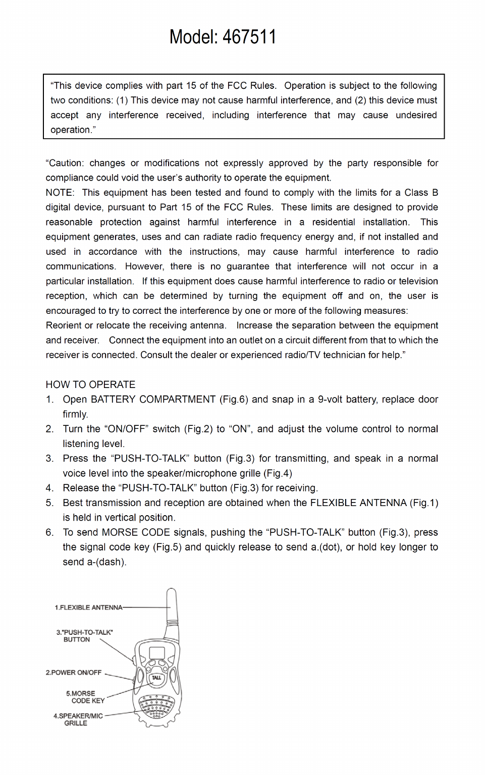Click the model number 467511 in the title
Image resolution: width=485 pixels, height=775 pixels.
click(249, 37)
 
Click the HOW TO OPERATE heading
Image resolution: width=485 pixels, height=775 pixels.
click(90, 384)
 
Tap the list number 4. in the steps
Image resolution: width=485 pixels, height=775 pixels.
click(49, 488)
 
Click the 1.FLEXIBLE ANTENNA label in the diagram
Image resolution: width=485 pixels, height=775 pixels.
click(88, 607)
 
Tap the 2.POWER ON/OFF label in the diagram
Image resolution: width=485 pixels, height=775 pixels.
click(74, 673)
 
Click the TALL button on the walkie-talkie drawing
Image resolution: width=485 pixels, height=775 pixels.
click(156, 678)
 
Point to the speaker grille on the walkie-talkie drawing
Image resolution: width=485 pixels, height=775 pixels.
click(156, 706)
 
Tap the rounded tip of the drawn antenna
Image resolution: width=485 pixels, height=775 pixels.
click(172, 591)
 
